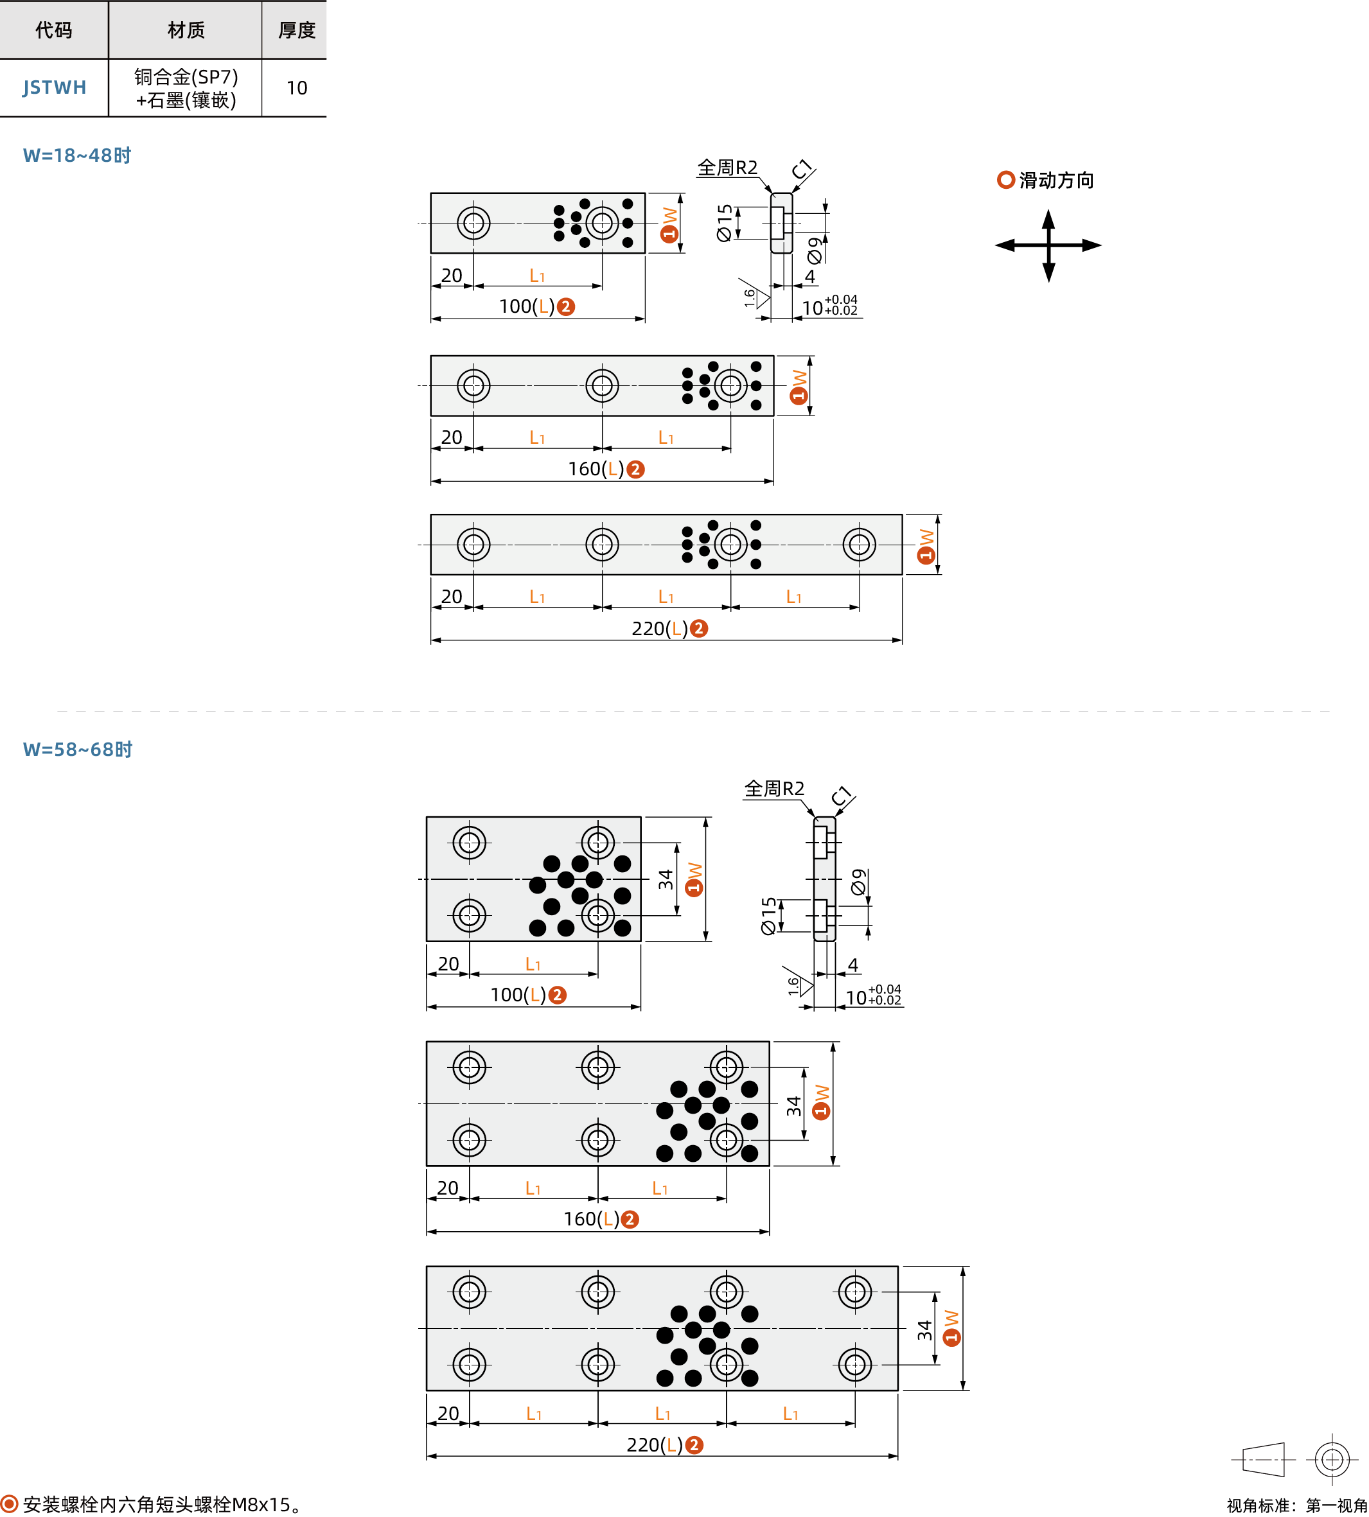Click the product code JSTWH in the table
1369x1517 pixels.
(54, 88)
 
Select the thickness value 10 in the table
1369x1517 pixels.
(296, 88)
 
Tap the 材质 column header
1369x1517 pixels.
(185, 30)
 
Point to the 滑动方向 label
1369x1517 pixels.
(1055, 180)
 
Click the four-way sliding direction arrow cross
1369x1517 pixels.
(1048, 245)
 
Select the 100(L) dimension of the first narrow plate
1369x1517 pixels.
(527, 307)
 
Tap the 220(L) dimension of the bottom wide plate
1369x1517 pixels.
(655, 1445)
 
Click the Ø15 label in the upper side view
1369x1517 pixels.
(725, 223)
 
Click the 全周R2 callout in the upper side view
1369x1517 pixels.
(727, 168)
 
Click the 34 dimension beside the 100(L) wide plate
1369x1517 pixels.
(666, 879)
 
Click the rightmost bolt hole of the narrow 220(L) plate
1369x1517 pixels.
(859, 545)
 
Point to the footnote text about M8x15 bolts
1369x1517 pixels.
(163, 1504)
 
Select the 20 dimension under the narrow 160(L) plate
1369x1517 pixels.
(452, 437)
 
